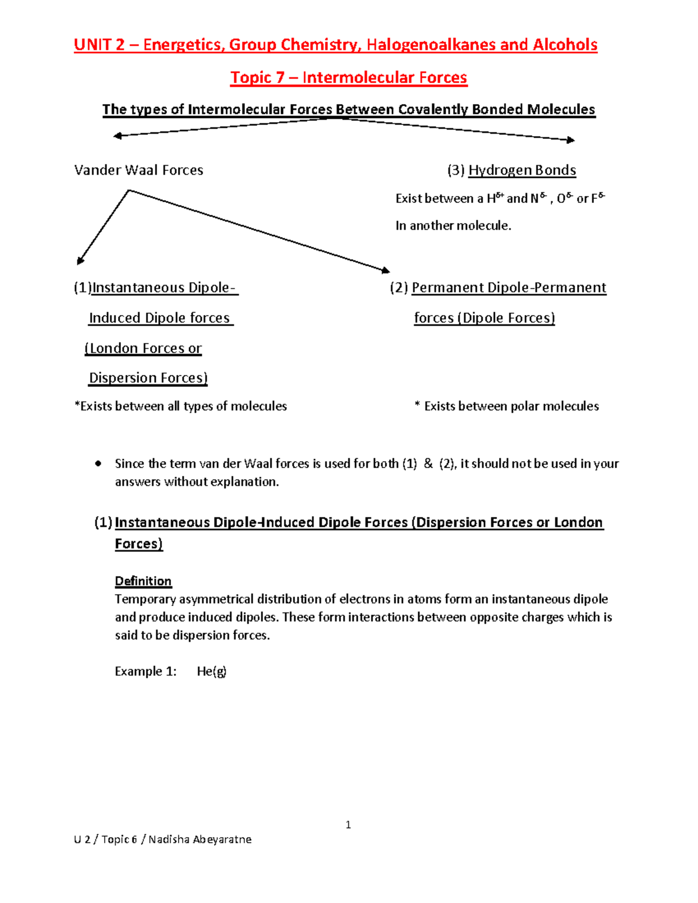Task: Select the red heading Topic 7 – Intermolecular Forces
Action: coord(348,77)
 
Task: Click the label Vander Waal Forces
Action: coord(138,170)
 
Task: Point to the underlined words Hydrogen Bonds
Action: coord(522,170)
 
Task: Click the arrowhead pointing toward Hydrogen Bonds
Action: coord(571,140)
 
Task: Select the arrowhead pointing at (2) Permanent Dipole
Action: coord(385,270)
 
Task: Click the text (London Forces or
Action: coord(143,348)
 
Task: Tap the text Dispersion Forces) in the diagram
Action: coord(148,377)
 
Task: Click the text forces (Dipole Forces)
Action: coord(484,317)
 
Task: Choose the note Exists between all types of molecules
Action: coord(181,406)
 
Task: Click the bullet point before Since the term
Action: coord(98,463)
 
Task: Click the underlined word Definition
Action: coord(143,581)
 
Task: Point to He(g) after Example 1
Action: coord(212,671)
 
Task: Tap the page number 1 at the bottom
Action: coord(348,825)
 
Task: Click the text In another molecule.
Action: coord(453,226)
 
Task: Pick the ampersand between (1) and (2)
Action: coord(428,463)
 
